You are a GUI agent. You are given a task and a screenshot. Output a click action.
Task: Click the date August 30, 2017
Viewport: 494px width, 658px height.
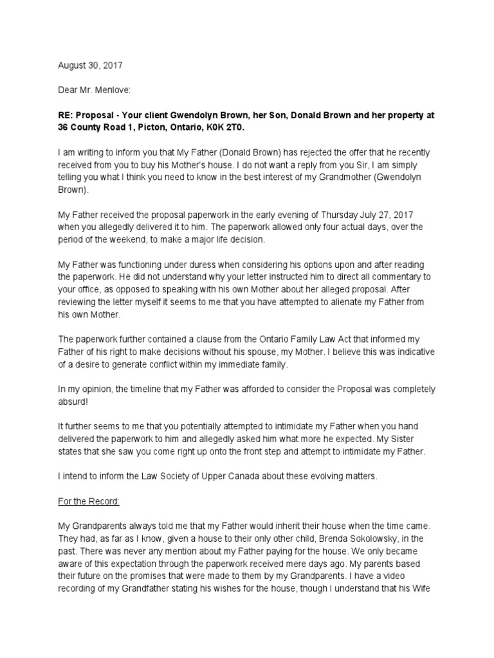(90, 66)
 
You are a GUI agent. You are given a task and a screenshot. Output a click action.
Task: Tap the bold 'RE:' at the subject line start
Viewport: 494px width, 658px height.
(66, 116)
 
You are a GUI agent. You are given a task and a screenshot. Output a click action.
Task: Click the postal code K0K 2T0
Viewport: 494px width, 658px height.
(229, 127)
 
